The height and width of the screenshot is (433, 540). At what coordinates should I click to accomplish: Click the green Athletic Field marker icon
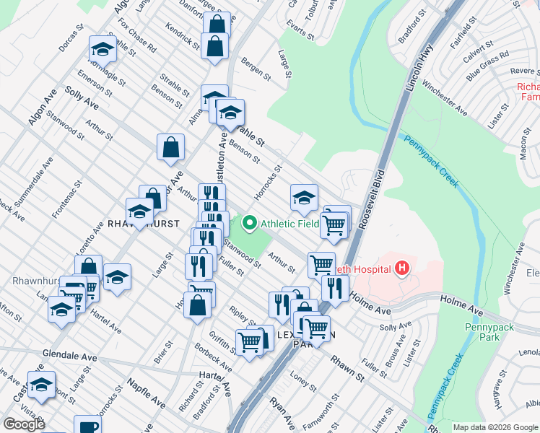pos(251,223)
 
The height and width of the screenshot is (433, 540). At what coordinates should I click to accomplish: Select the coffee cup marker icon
pos(88,426)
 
